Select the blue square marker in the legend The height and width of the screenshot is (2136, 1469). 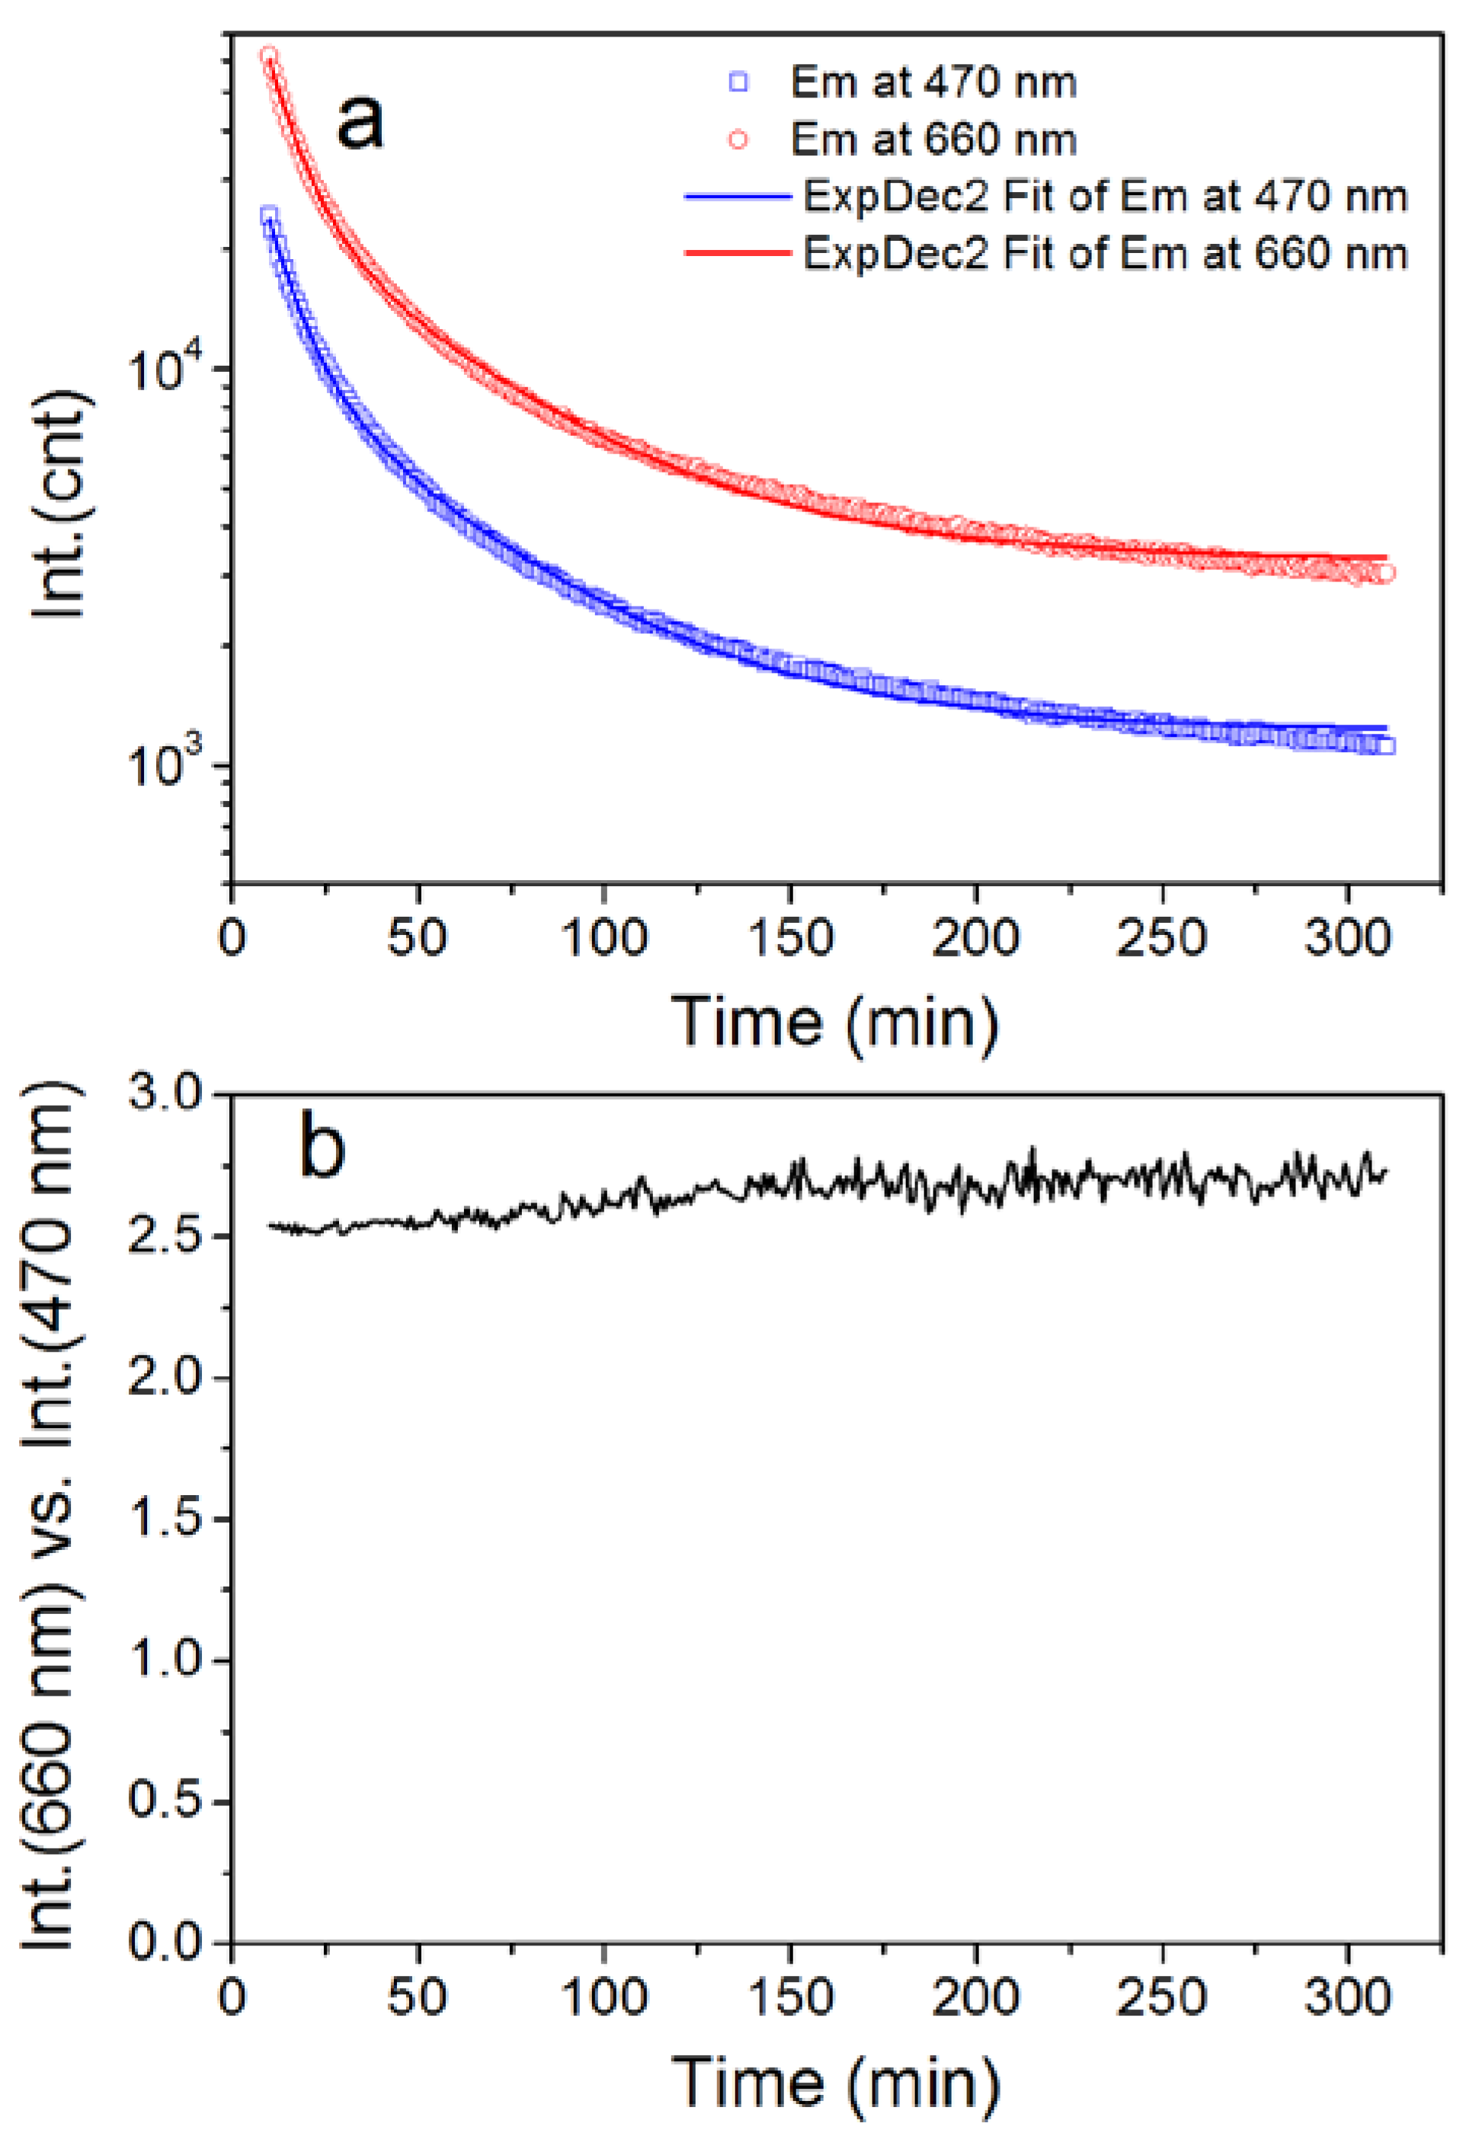738,83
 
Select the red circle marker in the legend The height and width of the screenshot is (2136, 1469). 738,140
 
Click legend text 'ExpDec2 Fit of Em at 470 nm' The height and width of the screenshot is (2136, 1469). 1105,197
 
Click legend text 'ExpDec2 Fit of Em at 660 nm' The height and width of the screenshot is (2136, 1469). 1105,253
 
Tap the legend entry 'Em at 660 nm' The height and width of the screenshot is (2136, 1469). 933,140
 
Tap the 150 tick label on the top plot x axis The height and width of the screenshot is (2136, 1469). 789,939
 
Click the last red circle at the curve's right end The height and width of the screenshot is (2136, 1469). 1385,573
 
